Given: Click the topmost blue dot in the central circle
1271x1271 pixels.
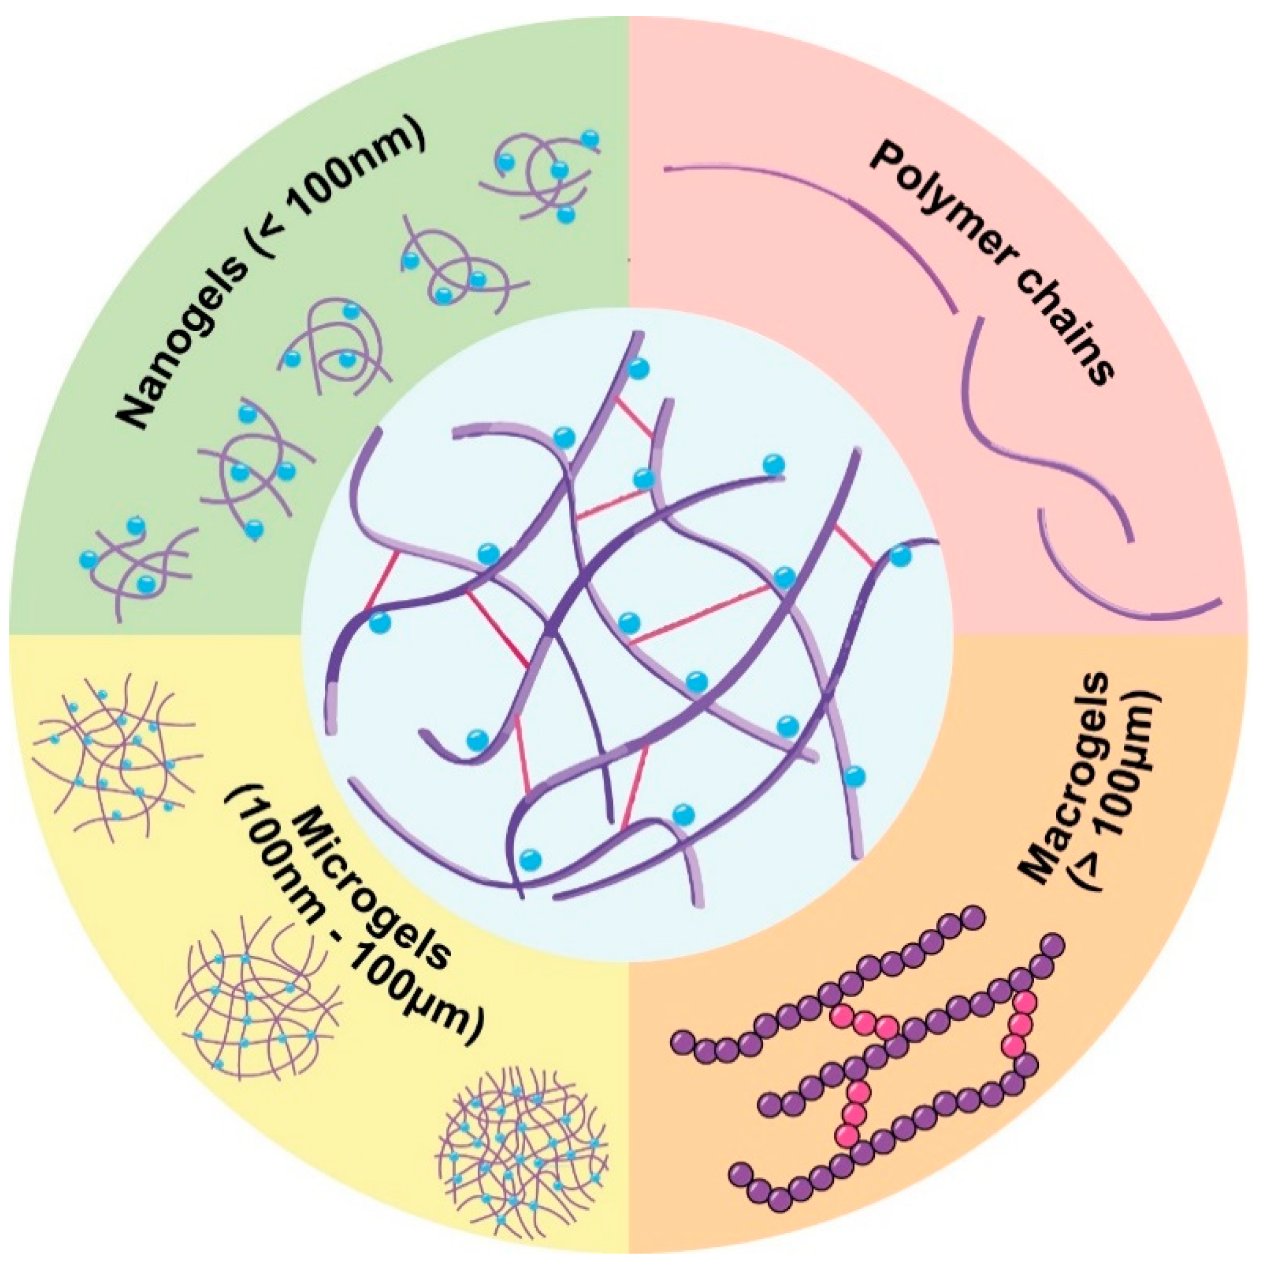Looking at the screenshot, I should point(637,369).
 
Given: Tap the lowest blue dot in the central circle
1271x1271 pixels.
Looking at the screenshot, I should point(530,859).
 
